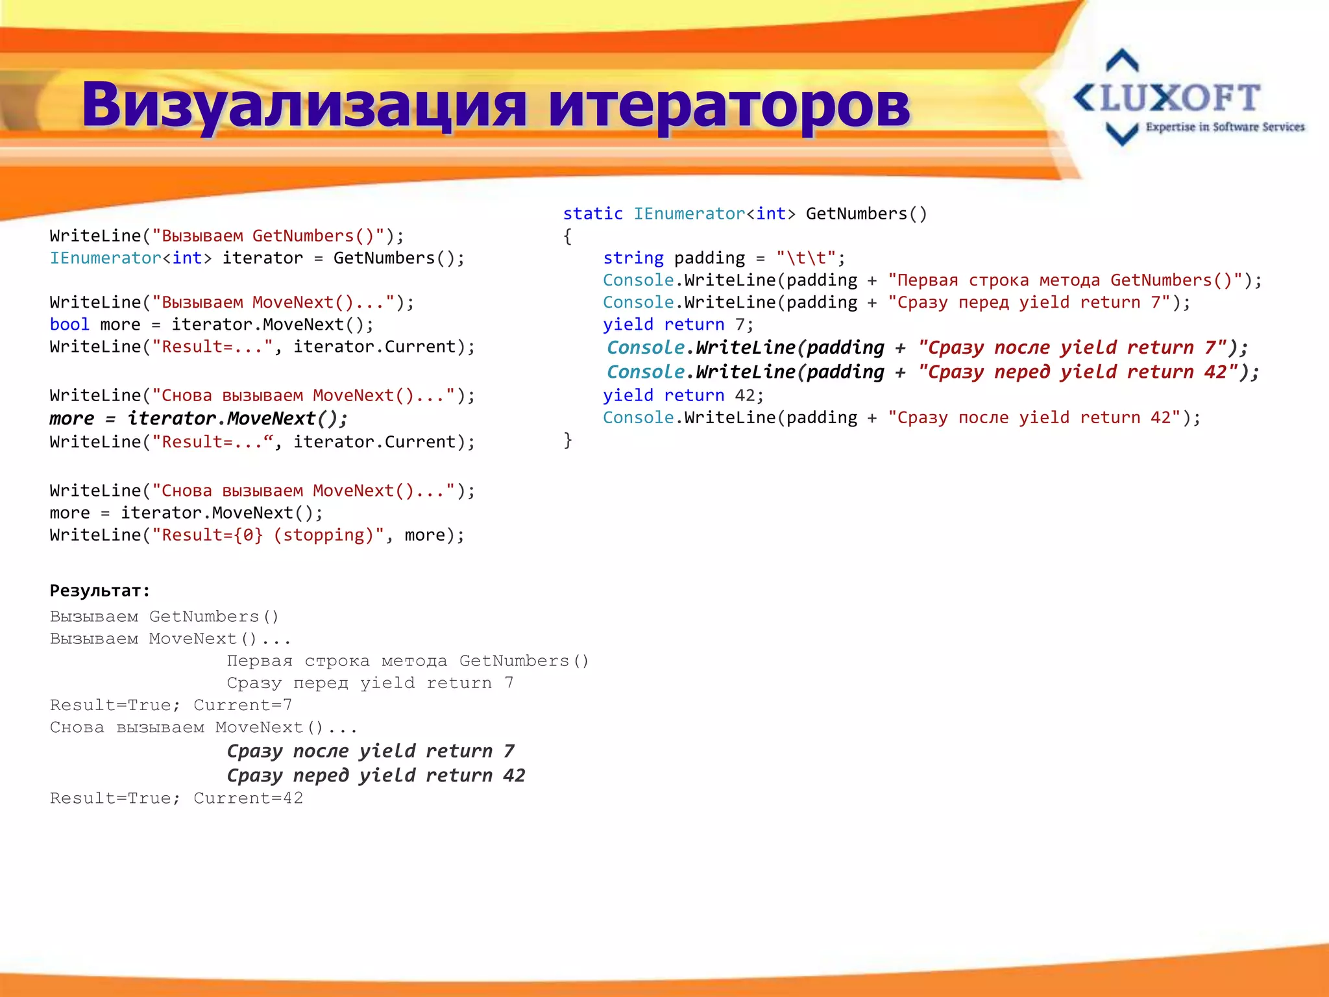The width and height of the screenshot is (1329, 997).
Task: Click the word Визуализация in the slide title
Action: tap(304, 105)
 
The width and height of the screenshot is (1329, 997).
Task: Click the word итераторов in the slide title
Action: tap(729, 105)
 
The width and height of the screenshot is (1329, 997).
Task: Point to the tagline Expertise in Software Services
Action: tap(1225, 127)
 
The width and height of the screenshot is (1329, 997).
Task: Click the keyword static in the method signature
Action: tap(592, 214)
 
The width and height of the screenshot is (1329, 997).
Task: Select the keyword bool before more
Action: tap(69, 325)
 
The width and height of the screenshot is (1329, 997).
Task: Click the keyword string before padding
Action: tap(633, 258)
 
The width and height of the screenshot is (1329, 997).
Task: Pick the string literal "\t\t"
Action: tap(805, 258)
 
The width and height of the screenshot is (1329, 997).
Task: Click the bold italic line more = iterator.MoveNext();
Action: tap(199, 419)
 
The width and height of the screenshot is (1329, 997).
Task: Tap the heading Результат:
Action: tap(100, 591)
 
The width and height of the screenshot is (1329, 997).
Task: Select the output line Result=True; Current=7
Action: tap(171, 705)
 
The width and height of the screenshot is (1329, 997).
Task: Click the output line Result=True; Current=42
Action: tap(177, 798)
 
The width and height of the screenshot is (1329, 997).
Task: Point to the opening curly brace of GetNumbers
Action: tap(568, 236)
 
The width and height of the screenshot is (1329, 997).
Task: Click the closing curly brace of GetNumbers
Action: tap(568, 440)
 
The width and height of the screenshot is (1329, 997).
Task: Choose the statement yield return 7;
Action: tap(678, 325)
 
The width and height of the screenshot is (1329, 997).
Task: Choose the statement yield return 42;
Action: tap(683, 395)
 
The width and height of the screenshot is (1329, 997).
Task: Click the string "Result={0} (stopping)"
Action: tap(268, 535)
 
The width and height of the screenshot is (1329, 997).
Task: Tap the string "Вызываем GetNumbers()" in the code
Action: tap(268, 236)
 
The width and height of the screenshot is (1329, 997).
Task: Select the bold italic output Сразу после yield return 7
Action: tap(371, 751)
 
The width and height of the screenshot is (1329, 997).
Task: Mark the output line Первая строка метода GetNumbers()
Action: tap(408, 661)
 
